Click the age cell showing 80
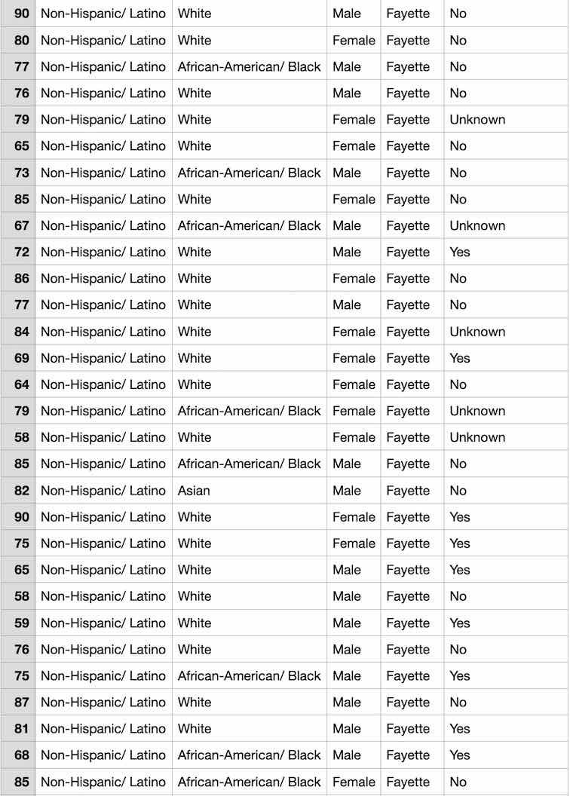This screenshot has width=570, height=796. pyautogui.click(x=22, y=41)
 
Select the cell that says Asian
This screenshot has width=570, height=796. pyautogui.click(x=194, y=491)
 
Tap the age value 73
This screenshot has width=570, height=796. pyautogui.click(x=22, y=173)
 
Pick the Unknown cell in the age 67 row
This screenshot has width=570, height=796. pyautogui.click(x=477, y=225)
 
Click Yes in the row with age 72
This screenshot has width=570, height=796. pyautogui.click(x=460, y=252)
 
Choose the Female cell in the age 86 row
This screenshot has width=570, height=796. pyautogui.click(x=354, y=279)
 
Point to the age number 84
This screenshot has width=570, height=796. pyautogui.click(x=22, y=332)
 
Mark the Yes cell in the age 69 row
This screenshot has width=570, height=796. pyautogui.click(x=460, y=358)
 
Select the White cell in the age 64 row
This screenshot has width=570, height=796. pyautogui.click(x=195, y=384)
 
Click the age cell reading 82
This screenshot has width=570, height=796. pyautogui.click(x=22, y=491)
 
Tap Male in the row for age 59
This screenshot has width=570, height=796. pyautogui.click(x=347, y=623)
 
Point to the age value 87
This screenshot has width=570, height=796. pyautogui.click(x=22, y=703)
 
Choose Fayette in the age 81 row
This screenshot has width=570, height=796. pyautogui.click(x=408, y=729)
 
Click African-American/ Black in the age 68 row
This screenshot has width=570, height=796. pyautogui.click(x=250, y=755)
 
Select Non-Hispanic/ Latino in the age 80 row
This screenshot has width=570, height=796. pyautogui.click(x=103, y=41)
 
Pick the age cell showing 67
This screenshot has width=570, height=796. pyautogui.click(x=22, y=225)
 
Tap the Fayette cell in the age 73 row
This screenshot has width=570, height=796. pyautogui.click(x=408, y=173)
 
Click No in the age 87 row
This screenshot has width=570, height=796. pyautogui.click(x=458, y=703)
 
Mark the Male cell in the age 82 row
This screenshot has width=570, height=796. pyautogui.click(x=347, y=491)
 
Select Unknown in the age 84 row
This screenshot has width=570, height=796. pyautogui.click(x=477, y=332)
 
